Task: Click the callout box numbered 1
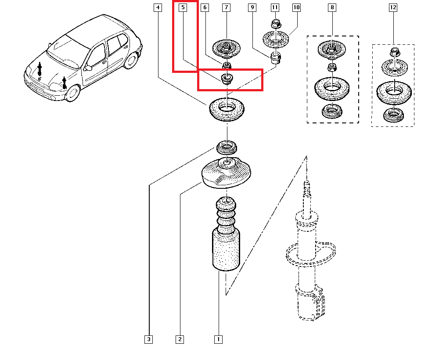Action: point(218,339)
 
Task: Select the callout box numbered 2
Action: point(179,339)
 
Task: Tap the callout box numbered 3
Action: point(149,339)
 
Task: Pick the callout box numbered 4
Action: point(158,7)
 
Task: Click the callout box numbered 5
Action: point(184,7)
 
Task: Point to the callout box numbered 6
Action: point(205,7)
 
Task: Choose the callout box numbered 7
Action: point(226,7)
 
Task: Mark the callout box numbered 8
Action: point(332,7)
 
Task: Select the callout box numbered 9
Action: point(252,7)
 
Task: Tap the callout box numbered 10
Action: point(296,7)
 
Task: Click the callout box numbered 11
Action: point(275,7)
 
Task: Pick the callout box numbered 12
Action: point(392,7)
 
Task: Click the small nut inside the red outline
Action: point(227,79)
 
